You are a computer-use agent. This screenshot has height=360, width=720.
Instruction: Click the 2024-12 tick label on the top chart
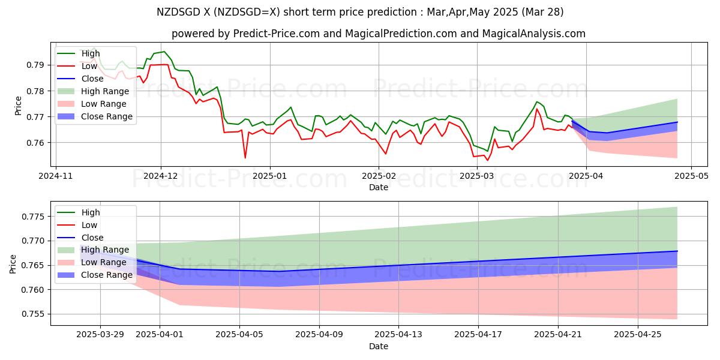pyautogui.click(x=161, y=176)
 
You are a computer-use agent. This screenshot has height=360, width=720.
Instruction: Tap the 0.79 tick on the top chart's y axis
pyautogui.click(x=37, y=65)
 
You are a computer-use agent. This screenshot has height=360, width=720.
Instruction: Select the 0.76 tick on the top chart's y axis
pyautogui.click(x=37, y=143)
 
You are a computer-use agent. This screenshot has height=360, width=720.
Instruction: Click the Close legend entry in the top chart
pyautogui.click(x=92, y=79)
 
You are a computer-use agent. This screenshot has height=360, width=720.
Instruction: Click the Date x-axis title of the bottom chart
pyautogui.click(x=378, y=346)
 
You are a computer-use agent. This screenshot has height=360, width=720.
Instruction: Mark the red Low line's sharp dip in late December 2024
pyautogui.click(x=245, y=158)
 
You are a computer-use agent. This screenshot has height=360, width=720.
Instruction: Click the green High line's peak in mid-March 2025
pyautogui.click(x=537, y=101)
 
